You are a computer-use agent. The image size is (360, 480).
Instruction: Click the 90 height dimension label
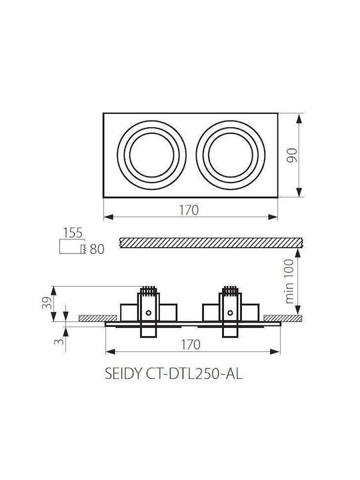[292, 155]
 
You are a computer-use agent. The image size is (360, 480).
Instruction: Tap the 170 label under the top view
[189, 210]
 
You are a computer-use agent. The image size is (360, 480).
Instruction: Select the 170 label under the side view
[191, 345]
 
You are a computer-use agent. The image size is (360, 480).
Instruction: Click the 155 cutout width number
[73, 233]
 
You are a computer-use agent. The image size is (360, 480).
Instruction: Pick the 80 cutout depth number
[97, 249]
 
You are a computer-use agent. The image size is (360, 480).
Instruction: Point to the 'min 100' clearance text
[289, 281]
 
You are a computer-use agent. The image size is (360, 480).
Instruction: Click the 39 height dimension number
[47, 303]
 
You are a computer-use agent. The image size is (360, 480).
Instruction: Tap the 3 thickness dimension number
[59, 341]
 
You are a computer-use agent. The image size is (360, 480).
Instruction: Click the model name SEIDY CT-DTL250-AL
[174, 374]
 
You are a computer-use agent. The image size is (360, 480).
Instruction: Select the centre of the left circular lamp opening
[151, 155]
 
